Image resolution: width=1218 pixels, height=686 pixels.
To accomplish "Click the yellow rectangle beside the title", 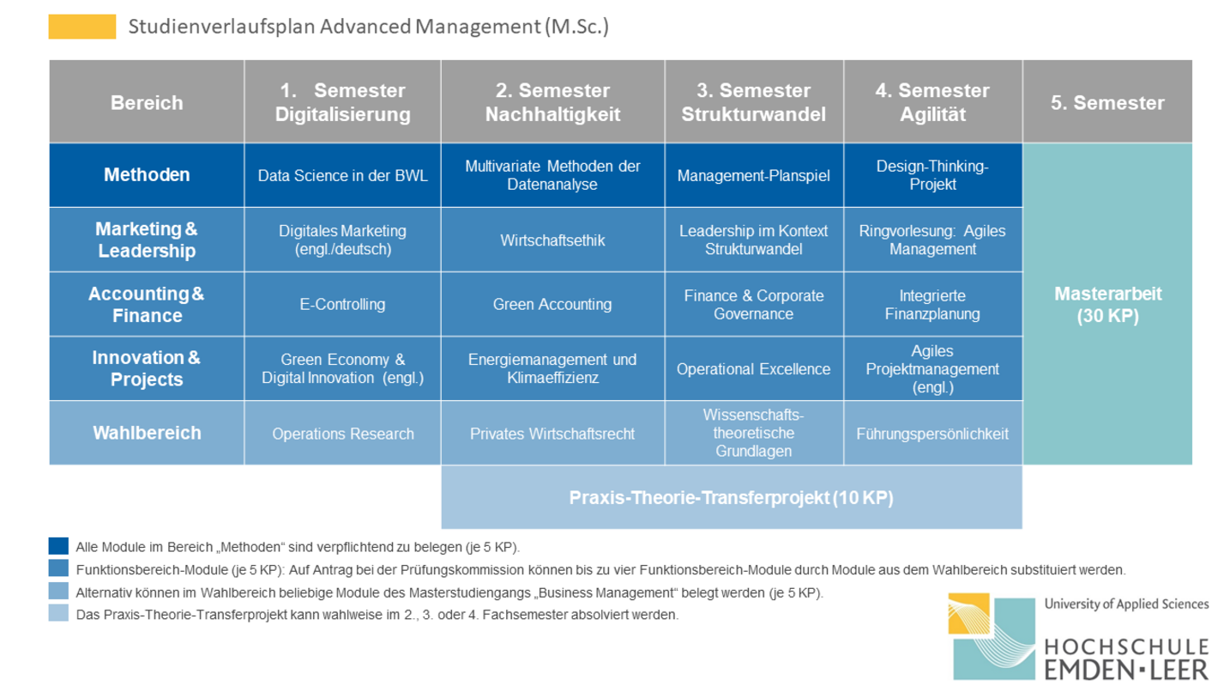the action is point(82,27).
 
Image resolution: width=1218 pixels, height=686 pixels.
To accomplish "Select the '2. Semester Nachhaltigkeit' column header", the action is point(552,102).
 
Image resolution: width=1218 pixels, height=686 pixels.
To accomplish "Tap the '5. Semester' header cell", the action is point(1107,102).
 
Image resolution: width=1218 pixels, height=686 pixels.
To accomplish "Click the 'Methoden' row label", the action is point(147,175).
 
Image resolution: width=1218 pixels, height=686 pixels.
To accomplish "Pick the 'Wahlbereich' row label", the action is point(147,433).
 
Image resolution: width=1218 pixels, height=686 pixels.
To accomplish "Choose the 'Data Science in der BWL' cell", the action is point(342,175).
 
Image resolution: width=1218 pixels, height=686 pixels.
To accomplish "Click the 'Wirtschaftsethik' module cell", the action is point(552,240).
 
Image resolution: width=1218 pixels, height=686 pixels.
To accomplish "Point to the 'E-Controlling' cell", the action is point(342,304).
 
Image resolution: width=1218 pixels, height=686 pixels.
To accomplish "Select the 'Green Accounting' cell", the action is point(552,304).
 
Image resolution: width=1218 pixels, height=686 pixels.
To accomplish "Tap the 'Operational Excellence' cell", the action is point(754,368).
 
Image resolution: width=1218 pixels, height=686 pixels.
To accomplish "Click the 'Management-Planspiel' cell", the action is point(754,175).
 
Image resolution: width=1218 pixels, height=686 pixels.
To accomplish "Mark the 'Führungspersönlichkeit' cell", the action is point(932,433).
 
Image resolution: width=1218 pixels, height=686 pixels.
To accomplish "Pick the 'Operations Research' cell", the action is point(342,433).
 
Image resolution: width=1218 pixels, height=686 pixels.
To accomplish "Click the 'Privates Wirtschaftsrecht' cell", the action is point(552,433).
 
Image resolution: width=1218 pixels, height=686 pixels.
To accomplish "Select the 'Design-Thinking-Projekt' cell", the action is point(932,175).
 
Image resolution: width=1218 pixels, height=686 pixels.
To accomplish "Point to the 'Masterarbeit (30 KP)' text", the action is point(1107,304).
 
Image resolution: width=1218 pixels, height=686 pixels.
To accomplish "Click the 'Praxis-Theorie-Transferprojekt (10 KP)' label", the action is point(732,498).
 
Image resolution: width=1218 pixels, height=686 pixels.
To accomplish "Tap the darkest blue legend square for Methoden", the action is point(58,545).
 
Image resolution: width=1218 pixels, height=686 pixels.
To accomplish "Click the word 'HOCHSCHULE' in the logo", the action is point(1126,647).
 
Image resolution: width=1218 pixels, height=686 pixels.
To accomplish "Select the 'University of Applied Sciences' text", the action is point(1126,604).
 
